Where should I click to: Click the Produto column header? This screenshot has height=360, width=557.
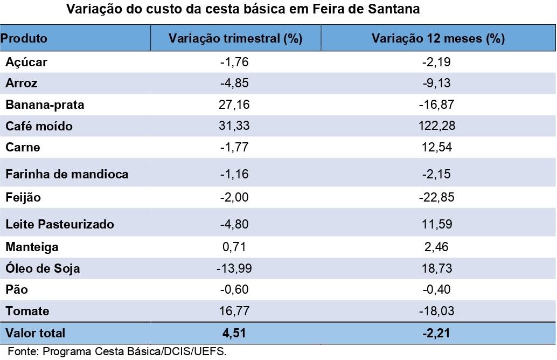[x=24, y=39]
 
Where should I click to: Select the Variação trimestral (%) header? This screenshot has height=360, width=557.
[x=235, y=39]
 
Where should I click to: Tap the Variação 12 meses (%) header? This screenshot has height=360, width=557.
[x=438, y=39]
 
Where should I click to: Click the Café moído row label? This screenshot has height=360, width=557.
[x=39, y=126]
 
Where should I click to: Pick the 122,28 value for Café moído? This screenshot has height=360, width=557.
[x=438, y=126]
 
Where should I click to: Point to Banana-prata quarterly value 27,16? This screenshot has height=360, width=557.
[x=235, y=105]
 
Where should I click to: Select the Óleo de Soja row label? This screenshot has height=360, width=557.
[x=43, y=268]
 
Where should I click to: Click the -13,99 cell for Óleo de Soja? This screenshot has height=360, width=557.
[x=235, y=268]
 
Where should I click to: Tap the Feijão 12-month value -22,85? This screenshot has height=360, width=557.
[x=438, y=198]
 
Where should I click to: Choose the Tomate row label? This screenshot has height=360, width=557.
[x=27, y=311]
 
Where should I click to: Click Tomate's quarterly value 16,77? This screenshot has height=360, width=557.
[x=235, y=311]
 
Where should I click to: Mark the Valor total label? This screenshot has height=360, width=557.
[x=35, y=333]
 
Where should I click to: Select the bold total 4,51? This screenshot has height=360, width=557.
[x=235, y=333]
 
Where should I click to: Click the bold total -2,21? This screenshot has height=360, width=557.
[x=438, y=333]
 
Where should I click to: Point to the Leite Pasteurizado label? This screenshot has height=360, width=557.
[x=60, y=224]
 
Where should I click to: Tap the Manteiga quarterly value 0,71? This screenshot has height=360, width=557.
[x=235, y=247]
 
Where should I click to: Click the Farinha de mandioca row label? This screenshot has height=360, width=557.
[x=67, y=174]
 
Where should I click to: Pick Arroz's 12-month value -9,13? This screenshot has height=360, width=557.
[x=438, y=84]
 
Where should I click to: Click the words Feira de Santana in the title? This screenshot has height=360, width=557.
[x=366, y=10]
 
